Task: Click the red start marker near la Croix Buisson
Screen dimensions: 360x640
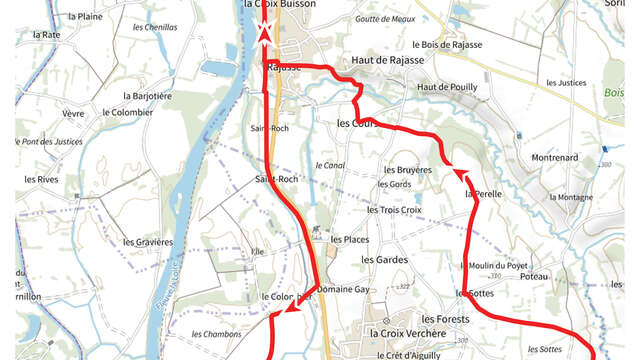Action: click(265, 33)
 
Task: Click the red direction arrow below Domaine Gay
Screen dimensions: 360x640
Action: click(294, 310)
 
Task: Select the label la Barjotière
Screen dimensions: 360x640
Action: click(148, 96)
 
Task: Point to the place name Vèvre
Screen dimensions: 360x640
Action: click(73, 114)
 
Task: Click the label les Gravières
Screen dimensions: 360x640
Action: click(148, 242)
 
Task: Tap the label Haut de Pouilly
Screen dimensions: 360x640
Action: click(447, 87)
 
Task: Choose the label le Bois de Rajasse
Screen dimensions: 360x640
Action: click(447, 44)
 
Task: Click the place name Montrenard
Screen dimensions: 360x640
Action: click(555, 158)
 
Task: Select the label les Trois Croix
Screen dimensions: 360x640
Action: click(394, 210)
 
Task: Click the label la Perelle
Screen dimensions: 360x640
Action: click(483, 194)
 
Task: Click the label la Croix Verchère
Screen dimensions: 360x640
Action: click(407, 333)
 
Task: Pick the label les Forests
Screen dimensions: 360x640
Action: click(445, 318)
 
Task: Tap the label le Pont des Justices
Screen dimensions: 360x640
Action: click(47, 142)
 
